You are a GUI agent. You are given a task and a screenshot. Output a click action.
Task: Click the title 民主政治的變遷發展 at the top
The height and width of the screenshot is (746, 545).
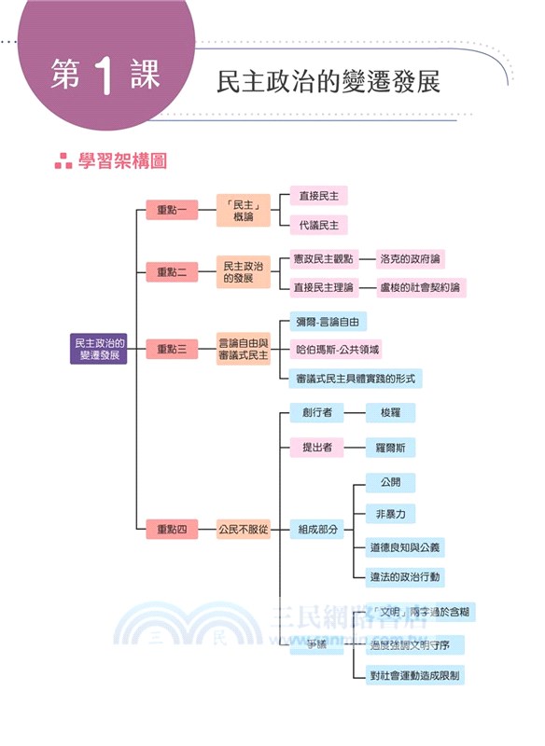(x=328, y=81)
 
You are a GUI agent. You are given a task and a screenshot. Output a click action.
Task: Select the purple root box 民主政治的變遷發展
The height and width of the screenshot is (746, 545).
(x=99, y=349)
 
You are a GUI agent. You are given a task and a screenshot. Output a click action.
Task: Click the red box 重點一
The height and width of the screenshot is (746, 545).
(x=172, y=210)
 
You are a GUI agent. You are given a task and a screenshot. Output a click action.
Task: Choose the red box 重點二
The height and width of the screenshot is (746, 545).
(x=172, y=271)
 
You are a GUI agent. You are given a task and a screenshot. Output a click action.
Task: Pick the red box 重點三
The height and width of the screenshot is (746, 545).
(x=172, y=349)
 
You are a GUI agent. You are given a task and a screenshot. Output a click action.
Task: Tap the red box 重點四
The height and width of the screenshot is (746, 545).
(x=172, y=530)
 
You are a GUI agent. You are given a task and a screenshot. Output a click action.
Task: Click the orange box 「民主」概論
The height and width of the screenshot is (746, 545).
(x=243, y=210)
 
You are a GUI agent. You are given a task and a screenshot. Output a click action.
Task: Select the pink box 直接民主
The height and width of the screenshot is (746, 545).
(x=318, y=195)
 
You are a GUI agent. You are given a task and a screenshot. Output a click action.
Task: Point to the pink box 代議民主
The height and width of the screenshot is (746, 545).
(x=318, y=225)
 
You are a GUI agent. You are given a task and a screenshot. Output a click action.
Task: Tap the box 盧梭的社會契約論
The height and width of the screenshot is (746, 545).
(x=421, y=287)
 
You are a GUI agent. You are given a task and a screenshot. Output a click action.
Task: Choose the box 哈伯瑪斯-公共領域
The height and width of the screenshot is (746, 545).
(x=337, y=349)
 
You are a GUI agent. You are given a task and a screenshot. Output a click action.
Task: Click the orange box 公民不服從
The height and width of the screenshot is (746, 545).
(x=243, y=530)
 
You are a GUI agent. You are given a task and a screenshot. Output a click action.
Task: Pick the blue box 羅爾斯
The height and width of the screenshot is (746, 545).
(x=390, y=448)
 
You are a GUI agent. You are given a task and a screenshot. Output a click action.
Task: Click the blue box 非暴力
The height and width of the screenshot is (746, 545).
(x=390, y=515)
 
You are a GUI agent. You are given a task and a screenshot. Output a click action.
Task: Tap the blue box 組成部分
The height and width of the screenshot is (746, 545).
(x=316, y=530)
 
